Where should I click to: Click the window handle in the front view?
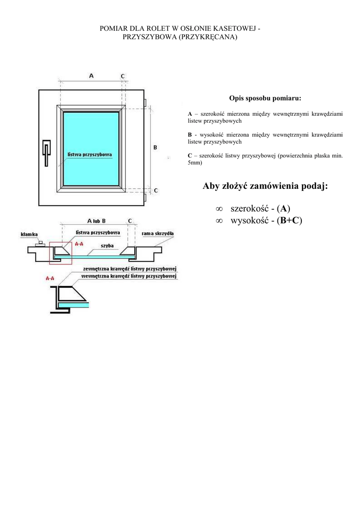[x=46, y=152]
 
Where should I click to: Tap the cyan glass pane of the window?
[x=91, y=134]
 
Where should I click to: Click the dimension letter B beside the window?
[x=155, y=148]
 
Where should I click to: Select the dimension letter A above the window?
[x=91, y=76]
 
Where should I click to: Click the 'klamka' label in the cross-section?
[x=29, y=234]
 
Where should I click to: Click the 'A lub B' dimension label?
[x=96, y=220]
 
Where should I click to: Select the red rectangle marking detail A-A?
[x=60, y=254]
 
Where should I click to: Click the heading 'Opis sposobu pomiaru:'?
[x=265, y=98]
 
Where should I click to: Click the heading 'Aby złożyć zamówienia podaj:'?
[x=265, y=186]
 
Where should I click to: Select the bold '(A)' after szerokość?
[x=283, y=208]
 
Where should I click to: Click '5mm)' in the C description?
[x=194, y=163]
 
